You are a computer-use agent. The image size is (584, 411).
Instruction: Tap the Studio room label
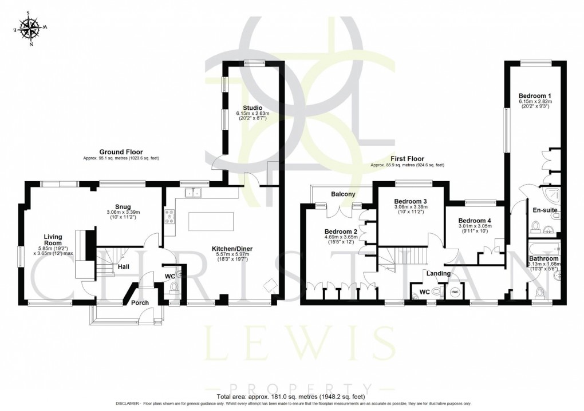point(252,107)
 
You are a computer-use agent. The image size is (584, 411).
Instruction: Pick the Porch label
point(140,302)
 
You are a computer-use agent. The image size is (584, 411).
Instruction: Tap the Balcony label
point(342,194)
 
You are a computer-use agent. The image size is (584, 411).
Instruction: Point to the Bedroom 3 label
point(411,201)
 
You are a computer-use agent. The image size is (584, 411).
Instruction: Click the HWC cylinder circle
point(455,293)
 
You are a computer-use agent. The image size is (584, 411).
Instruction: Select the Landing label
point(438,274)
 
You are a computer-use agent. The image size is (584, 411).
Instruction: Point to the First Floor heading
point(407,159)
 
